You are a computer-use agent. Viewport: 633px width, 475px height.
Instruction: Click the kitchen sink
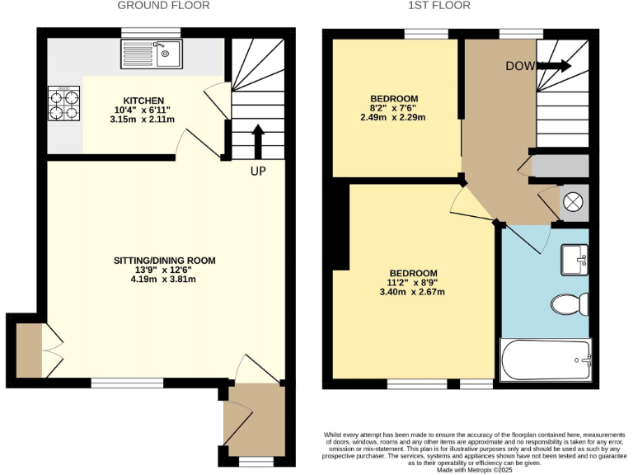coord(165,54)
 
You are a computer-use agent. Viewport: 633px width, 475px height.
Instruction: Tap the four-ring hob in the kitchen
coord(63,103)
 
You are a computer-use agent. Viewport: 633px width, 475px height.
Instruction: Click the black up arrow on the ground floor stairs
coord(257,141)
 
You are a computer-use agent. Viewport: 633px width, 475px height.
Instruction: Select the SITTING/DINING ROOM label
coord(164,261)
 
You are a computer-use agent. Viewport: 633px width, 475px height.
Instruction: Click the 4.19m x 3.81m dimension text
coord(164,279)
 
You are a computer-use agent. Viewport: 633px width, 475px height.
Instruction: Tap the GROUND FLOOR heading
coord(163,6)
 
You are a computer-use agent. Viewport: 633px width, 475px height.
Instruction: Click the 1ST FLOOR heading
coord(439,6)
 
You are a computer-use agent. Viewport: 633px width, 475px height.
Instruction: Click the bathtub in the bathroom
coord(546,360)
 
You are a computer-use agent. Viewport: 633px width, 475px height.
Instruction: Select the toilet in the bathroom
coord(568,303)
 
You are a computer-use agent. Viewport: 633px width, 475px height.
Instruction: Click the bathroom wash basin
coord(574,260)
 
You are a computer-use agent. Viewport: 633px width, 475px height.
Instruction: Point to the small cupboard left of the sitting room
coord(29,350)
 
